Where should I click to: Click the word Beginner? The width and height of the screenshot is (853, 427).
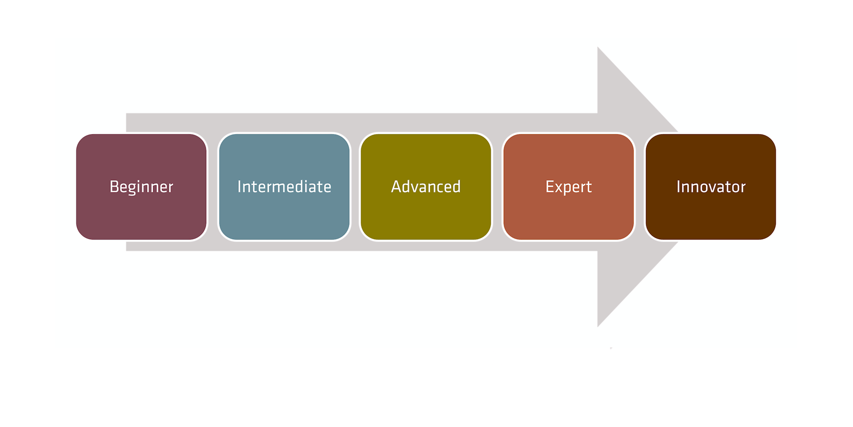(141, 187)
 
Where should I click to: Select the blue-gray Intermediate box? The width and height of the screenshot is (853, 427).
(284, 187)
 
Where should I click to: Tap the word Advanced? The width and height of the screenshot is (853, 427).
(425, 186)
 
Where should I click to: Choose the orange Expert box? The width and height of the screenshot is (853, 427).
(568, 187)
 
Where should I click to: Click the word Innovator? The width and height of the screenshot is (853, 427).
(711, 186)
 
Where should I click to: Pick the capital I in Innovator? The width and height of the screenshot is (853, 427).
(678, 186)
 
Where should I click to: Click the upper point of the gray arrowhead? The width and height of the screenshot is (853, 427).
(598, 47)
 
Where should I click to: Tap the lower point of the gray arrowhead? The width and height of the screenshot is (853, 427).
(598, 327)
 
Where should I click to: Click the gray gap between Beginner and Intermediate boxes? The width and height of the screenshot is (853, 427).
(212, 187)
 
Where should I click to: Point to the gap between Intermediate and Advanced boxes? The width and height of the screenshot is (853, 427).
(355, 187)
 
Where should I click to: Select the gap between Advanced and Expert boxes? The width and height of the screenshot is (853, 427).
(497, 187)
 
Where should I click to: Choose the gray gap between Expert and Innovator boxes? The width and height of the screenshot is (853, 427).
(640, 187)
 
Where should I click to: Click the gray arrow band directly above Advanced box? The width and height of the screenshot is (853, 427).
(425, 123)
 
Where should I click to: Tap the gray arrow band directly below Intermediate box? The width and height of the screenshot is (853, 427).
(284, 246)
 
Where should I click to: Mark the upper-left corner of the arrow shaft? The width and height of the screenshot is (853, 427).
(126, 113)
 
